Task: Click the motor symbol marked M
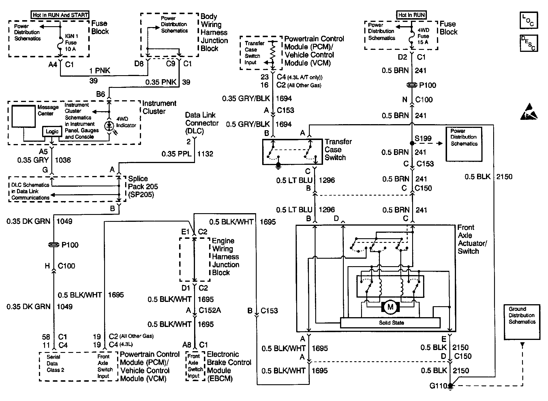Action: click(390, 307)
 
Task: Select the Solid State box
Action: click(391, 323)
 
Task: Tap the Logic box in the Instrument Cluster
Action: click(52, 132)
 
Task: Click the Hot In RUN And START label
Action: click(60, 15)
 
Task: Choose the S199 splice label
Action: click(423, 139)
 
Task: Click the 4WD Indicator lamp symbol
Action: click(109, 125)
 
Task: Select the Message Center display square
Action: click(23, 116)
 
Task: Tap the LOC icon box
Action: click(528, 20)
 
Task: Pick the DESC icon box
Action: click(528, 43)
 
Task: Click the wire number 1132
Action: click(205, 154)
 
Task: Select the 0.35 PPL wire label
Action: click(177, 154)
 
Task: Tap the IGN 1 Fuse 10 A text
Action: click(71, 43)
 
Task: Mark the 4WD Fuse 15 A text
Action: click(423, 36)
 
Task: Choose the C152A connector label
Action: click(210, 310)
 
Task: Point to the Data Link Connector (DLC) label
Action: click(202, 123)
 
